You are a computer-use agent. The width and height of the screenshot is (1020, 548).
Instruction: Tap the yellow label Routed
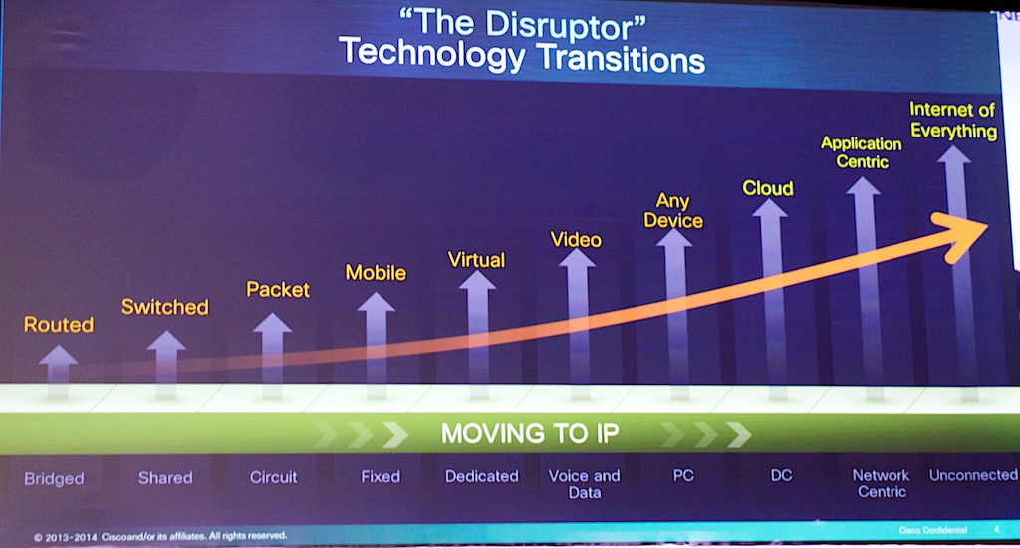coord(59,324)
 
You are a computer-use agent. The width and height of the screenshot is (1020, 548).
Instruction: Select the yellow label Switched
coord(164,307)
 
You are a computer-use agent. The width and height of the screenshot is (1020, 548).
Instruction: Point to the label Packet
coord(278,289)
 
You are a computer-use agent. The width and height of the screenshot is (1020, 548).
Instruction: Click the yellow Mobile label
coord(376,272)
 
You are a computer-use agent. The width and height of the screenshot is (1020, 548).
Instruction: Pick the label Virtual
coord(476,260)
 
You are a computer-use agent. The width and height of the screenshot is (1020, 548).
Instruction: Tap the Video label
coord(576,239)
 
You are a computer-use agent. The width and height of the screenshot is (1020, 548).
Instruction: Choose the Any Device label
coord(673,211)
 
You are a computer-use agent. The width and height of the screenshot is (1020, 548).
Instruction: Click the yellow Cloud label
coord(768,188)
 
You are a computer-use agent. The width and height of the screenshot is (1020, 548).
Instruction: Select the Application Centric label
coord(862,152)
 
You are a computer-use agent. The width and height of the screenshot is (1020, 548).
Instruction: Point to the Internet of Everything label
coord(953,120)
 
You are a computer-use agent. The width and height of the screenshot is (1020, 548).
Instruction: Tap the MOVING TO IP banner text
coord(530,433)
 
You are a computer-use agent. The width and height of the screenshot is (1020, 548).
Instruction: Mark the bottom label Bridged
coord(54,479)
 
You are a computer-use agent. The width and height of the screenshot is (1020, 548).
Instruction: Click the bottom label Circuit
coord(273,477)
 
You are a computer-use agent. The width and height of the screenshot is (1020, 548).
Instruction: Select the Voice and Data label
coord(584,484)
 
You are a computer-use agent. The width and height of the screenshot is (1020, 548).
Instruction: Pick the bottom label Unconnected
coord(973,475)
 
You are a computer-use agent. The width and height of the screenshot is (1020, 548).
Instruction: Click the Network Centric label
coord(882,483)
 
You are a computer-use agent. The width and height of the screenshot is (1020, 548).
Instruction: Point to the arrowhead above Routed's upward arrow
coord(59,355)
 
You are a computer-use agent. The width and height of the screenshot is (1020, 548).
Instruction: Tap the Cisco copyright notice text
coord(160,536)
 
